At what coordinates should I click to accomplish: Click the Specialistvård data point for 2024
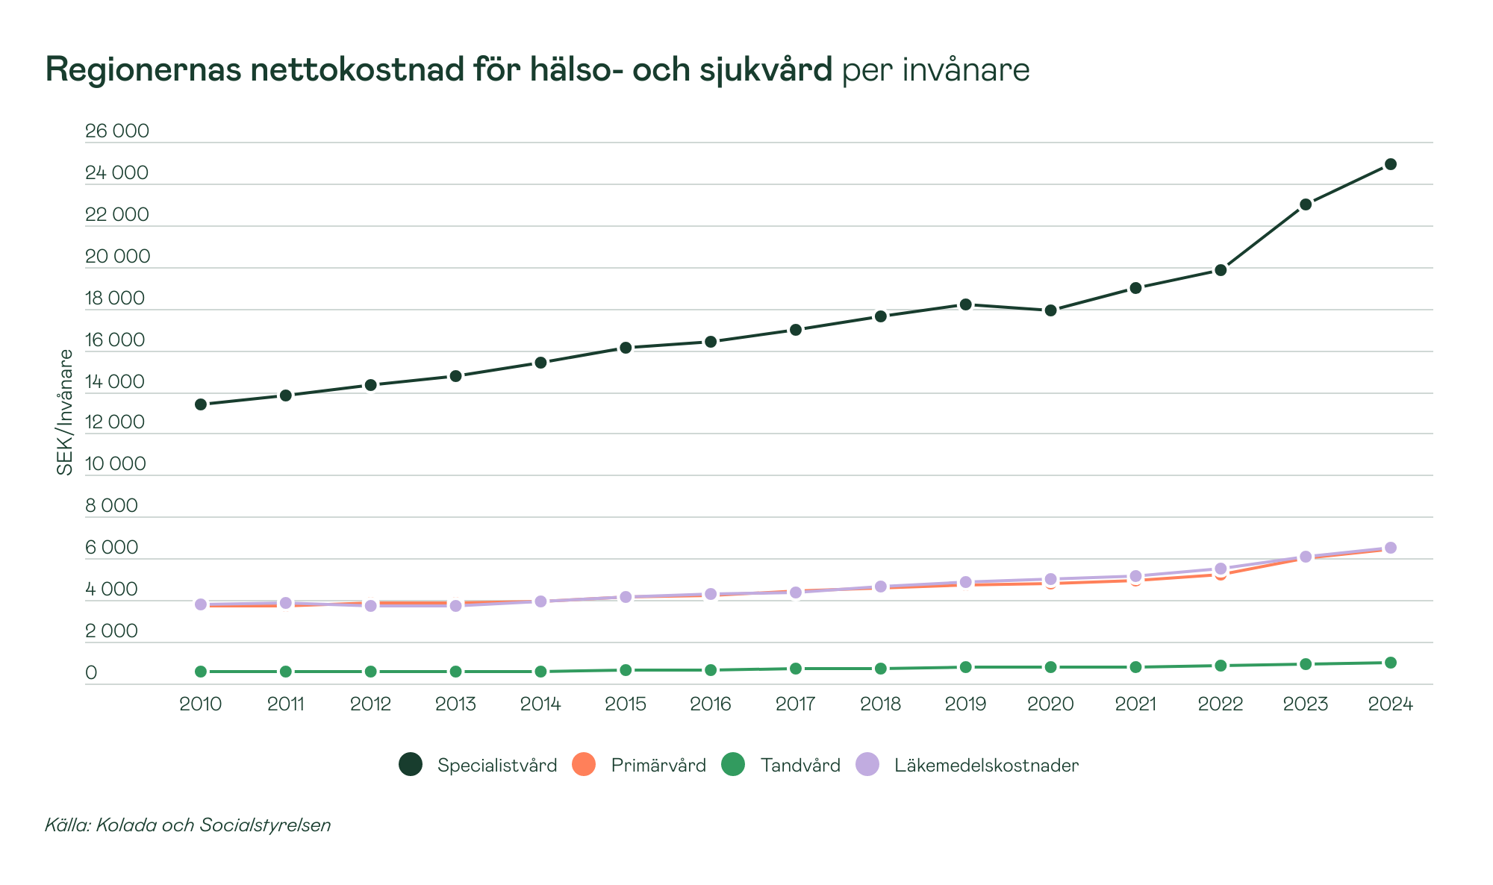coord(1390,164)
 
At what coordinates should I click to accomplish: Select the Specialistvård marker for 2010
coord(200,404)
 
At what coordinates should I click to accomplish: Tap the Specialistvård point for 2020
coord(1050,310)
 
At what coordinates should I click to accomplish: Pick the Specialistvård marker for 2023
coord(1306,204)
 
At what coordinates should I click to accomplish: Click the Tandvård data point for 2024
coord(1390,663)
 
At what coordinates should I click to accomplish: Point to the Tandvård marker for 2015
coord(626,670)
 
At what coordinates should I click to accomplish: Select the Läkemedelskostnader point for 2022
coord(1221,569)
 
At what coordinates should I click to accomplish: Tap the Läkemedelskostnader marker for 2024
coord(1390,548)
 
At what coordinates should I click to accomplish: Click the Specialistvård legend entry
coord(479,765)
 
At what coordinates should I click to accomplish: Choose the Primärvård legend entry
coord(639,765)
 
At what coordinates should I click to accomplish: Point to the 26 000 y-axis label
coord(117,132)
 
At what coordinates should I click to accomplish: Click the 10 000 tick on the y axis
coord(116,464)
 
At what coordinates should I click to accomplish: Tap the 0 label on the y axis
coord(91,673)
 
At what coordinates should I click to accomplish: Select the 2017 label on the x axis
coord(795,704)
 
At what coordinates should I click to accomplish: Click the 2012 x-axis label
coord(370,704)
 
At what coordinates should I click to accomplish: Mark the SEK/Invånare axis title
coord(66,412)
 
